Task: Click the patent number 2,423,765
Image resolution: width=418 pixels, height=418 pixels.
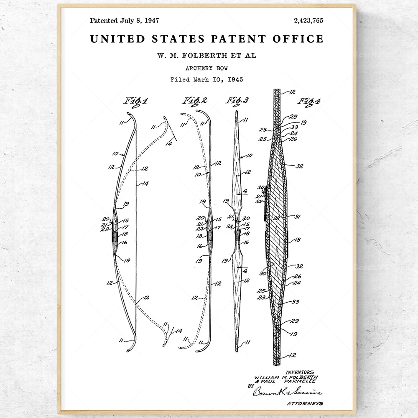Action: pyautogui.click(x=308, y=20)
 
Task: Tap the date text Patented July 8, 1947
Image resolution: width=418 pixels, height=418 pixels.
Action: pyautogui.click(x=124, y=20)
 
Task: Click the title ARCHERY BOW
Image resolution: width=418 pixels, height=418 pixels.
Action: pyautogui.click(x=206, y=68)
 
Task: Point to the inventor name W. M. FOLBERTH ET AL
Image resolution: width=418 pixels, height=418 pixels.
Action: pyautogui.click(x=206, y=55)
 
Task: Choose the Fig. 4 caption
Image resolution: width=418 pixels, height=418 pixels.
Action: pyautogui.click(x=309, y=101)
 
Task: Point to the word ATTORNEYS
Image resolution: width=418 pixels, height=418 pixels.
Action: pyautogui.click(x=305, y=403)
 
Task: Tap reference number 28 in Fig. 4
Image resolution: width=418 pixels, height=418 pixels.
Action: pyautogui.click(x=276, y=218)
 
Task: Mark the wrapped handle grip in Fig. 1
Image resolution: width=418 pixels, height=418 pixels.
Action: pyautogui.click(x=115, y=235)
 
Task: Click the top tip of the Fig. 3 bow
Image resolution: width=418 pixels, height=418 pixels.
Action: pyautogui.click(x=237, y=112)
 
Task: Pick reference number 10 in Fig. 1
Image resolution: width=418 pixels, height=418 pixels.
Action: pyautogui.click(x=115, y=153)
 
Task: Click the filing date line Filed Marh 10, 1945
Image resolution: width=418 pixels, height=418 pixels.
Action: pyautogui.click(x=206, y=79)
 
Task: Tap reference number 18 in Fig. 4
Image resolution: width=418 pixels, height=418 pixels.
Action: pyautogui.click(x=297, y=240)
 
